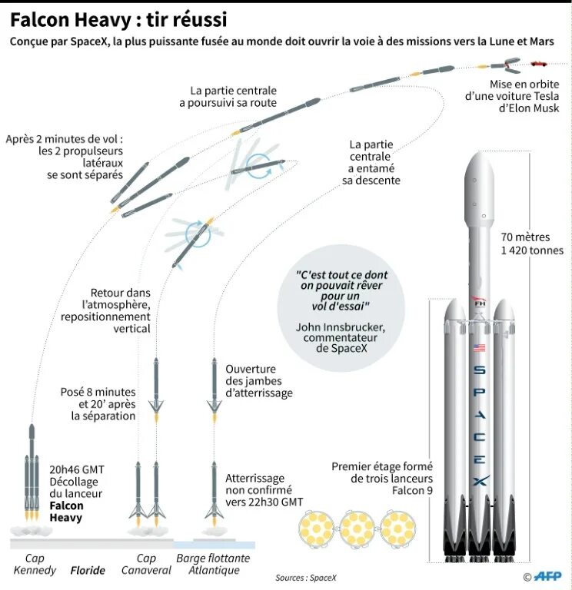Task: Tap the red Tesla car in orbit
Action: (x=540, y=62)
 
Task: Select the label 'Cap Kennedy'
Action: (x=35, y=565)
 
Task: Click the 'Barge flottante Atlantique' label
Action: (x=208, y=565)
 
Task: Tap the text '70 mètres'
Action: (x=526, y=237)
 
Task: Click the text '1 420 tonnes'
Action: (x=531, y=250)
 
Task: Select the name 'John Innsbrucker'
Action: (x=341, y=326)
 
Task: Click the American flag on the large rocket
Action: (x=480, y=348)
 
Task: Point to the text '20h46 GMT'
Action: (x=76, y=469)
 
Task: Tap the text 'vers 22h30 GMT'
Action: (x=264, y=502)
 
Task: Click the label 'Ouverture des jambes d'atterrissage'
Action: (x=259, y=381)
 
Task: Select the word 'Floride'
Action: (x=88, y=571)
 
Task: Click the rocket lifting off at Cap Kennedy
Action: (x=32, y=476)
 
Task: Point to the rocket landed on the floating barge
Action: (x=214, y=492)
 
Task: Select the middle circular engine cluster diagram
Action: (x=356, y=529)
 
